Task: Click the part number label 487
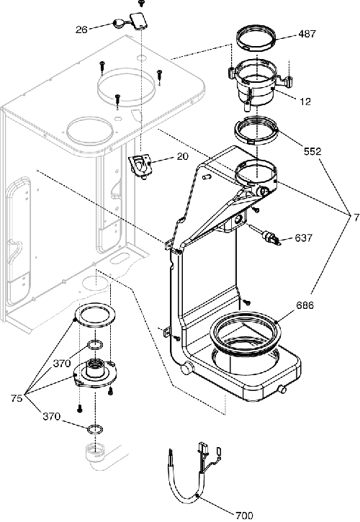click(307, 34)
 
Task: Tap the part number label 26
click(81, 30)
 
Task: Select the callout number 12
click(305, 102)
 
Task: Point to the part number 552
click(312, 151)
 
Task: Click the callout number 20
click(182, 156)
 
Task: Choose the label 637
click(303, 238)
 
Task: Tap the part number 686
click(304, 305)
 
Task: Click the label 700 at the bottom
click(244, 516)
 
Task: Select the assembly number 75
click(17, 398)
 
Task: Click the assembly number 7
click(356, 217)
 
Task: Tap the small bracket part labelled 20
click(140, 165)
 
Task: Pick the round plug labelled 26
click(118, 23)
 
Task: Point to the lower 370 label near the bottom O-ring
click(52, 416)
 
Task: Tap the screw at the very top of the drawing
click(140, 3)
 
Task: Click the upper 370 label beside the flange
click(62, 364)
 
